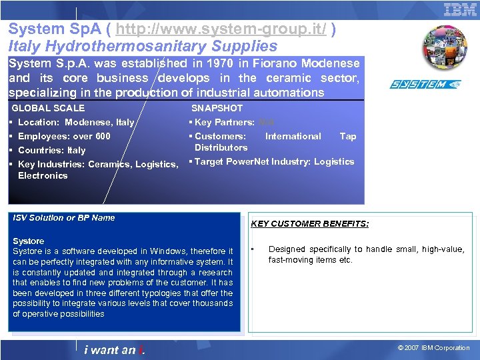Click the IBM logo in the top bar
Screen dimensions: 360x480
pos(460,9)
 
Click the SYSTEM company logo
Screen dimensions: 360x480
pos(425,85)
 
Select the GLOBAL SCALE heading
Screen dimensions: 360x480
pos(49,108)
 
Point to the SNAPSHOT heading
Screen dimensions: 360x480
pos(217,108)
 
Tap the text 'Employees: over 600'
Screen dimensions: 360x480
pos(64,136)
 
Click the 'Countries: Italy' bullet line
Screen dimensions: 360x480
pos(51,150)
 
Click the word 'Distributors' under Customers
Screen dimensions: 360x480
pos(221,147)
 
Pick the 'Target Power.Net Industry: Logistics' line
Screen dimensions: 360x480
pos(273,161)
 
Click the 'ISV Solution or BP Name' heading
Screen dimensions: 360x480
pos(64,217)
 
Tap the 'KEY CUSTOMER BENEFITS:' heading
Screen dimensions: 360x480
pos(309,224)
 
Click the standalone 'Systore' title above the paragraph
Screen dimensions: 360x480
pos(29,241)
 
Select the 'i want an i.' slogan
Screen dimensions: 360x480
pos(115,349)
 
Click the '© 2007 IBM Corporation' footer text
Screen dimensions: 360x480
pos(433,347)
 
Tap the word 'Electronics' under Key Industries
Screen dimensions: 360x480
pos(43,175)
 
